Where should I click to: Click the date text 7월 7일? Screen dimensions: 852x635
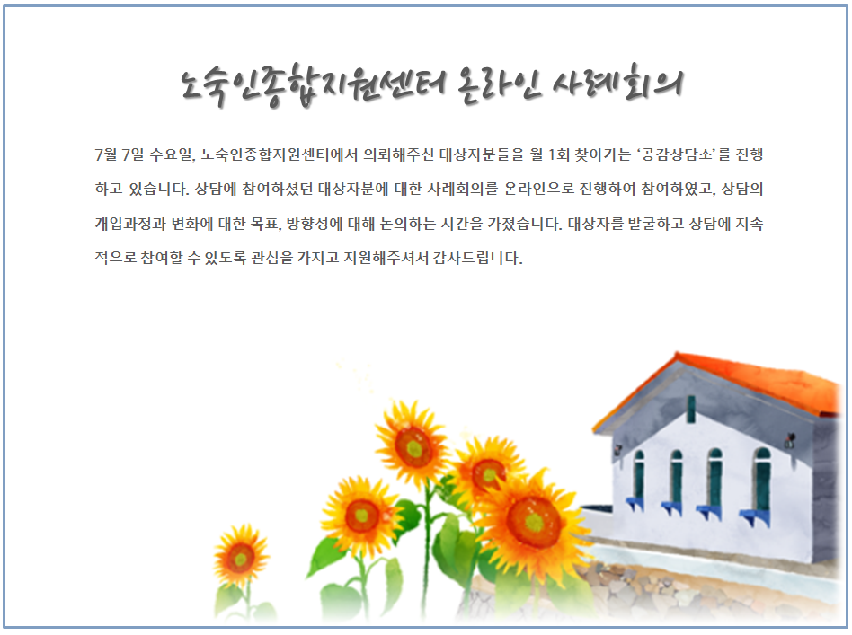tap(120, 154)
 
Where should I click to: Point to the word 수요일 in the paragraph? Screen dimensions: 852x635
tap(171, 154)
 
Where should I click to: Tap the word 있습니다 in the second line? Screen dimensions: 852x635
tap(159, 189)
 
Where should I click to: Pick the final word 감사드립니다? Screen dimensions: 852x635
tap(477, 258)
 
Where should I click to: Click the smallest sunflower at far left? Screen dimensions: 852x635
tap(240, 558)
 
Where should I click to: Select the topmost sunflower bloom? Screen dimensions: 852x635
tap(413, 446)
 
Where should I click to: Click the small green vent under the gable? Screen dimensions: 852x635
tap(690, 409)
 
